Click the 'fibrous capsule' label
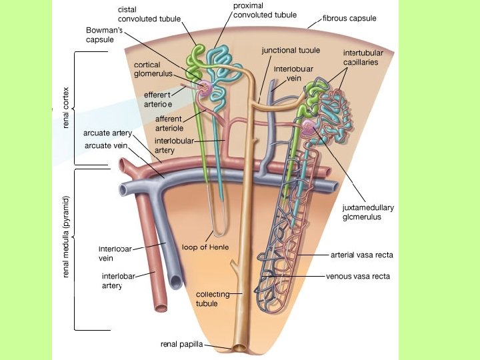(x=349, y=19)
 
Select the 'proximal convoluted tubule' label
(x=256, y=11)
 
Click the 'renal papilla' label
(x=181, y=345)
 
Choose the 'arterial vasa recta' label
(x=362, y=255)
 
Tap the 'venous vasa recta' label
(x=358, y=275)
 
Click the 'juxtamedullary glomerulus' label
(x=368, y=212)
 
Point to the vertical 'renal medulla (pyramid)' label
(x=65, y=237)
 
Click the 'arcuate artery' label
(x=107, y=133)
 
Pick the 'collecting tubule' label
(x=213, y=299)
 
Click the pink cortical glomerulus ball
(x=203, y=87)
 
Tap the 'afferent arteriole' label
(x=169, y=123)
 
